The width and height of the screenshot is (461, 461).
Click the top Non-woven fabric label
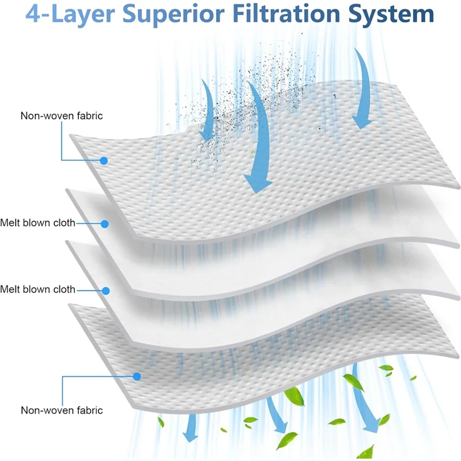click(62, 116)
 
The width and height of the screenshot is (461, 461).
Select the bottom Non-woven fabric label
click(62, 410)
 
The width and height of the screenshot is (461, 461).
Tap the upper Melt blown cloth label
click(37, 222)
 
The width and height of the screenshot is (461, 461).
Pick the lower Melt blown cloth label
click(37, 289)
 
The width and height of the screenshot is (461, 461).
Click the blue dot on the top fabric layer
click(104, 160)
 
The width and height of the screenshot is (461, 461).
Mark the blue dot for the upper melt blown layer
click(105, 223)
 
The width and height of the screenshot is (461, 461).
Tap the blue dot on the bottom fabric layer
click(137, 376)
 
